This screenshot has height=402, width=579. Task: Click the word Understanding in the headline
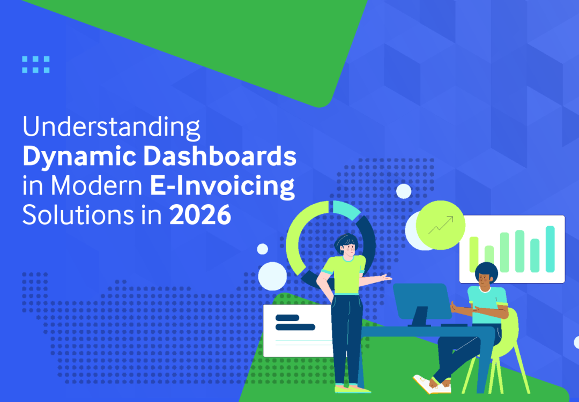click(111, 129)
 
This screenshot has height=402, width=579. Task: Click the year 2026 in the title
click(201, 215)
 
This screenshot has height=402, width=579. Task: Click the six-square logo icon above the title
click(36, 64)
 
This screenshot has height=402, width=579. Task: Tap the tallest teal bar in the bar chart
click(550, 249)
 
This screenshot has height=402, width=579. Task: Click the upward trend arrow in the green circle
click(441, 225)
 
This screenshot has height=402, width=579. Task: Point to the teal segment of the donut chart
click(346, 210)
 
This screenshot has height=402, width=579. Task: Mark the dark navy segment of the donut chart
click(370, 236)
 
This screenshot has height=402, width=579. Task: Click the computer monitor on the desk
click(422, 302)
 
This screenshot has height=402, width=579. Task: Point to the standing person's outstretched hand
click(385, 277)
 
